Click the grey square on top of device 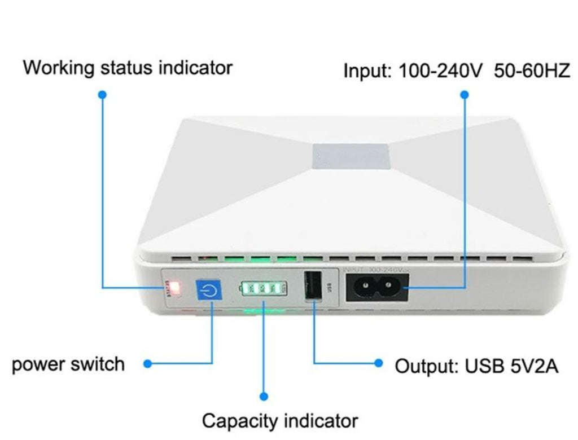tap(351, 157)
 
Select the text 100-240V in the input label tap(440, 72)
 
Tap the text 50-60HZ tap(532, 72)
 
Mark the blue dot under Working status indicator tap(102, 95)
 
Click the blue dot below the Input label tap(464, 95)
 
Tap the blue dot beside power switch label tap(147, 364)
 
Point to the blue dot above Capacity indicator tap(264, 397)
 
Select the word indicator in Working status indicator tap(195, 68)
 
